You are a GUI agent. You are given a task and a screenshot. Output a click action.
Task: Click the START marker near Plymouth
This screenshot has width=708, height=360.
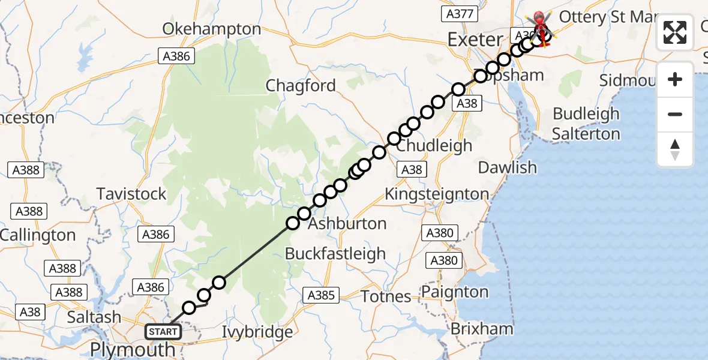(162, 331)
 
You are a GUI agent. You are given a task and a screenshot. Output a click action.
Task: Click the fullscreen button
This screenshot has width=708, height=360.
(675, 32)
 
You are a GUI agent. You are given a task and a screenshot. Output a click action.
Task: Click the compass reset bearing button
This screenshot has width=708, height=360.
(675, 149)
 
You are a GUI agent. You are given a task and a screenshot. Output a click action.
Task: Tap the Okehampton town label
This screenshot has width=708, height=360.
(212, 29)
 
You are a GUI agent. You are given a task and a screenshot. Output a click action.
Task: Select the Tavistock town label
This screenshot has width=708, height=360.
(131, 194)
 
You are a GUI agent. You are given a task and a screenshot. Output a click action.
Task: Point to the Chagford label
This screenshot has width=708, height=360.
(301, 86)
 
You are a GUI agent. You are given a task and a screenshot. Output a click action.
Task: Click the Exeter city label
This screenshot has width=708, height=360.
(475, 40)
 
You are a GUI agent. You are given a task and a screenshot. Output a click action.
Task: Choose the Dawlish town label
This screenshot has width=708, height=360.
(508, 167)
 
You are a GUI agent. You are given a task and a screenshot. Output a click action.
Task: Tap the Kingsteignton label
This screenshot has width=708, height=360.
(436, 194)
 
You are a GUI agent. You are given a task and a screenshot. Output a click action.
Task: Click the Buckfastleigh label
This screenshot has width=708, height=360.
(335, 254)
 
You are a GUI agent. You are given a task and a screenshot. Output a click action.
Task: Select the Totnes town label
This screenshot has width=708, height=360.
(386, 296)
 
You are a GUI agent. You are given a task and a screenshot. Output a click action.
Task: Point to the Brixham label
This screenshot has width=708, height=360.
(482, 329)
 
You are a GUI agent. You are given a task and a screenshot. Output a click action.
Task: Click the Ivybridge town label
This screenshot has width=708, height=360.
(257, 332)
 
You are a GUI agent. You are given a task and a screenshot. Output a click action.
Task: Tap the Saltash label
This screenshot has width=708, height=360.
(94, 317)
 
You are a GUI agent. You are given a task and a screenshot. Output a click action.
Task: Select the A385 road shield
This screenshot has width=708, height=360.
(322, 295)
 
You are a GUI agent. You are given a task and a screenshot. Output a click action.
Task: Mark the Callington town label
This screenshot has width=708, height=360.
(38, 235)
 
